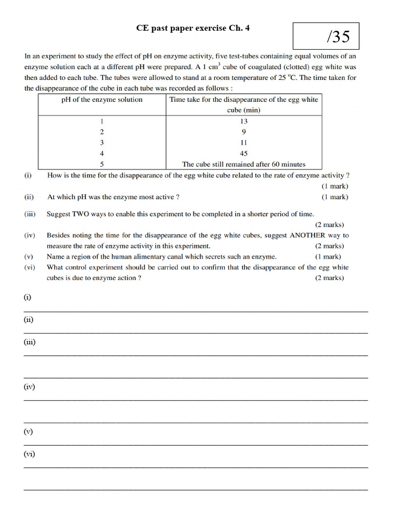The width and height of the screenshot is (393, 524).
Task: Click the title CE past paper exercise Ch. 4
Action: (193, 29)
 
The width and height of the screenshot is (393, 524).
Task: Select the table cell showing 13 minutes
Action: (244, 121)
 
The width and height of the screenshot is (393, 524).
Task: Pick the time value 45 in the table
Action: (244, 154)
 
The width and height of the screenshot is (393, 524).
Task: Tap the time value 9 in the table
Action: (244, 132)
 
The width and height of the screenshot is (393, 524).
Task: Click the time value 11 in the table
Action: (244, 143)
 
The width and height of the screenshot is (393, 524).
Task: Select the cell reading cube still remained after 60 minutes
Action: (244, 164)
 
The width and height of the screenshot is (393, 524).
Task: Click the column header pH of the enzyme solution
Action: (102, 100)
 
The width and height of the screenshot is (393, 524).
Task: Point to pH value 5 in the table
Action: (102, 164)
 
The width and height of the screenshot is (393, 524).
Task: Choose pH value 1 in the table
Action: (102, 121)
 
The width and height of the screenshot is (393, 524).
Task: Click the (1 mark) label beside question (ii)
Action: (335, 197)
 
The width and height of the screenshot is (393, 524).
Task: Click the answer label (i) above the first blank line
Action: (28, 297)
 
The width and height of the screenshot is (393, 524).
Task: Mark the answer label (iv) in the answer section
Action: (29, 387)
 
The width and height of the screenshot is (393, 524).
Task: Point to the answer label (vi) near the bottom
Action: (29, 454)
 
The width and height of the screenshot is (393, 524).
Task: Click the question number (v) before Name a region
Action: (28, 257)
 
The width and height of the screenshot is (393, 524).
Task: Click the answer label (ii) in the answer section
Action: (28, 319)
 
